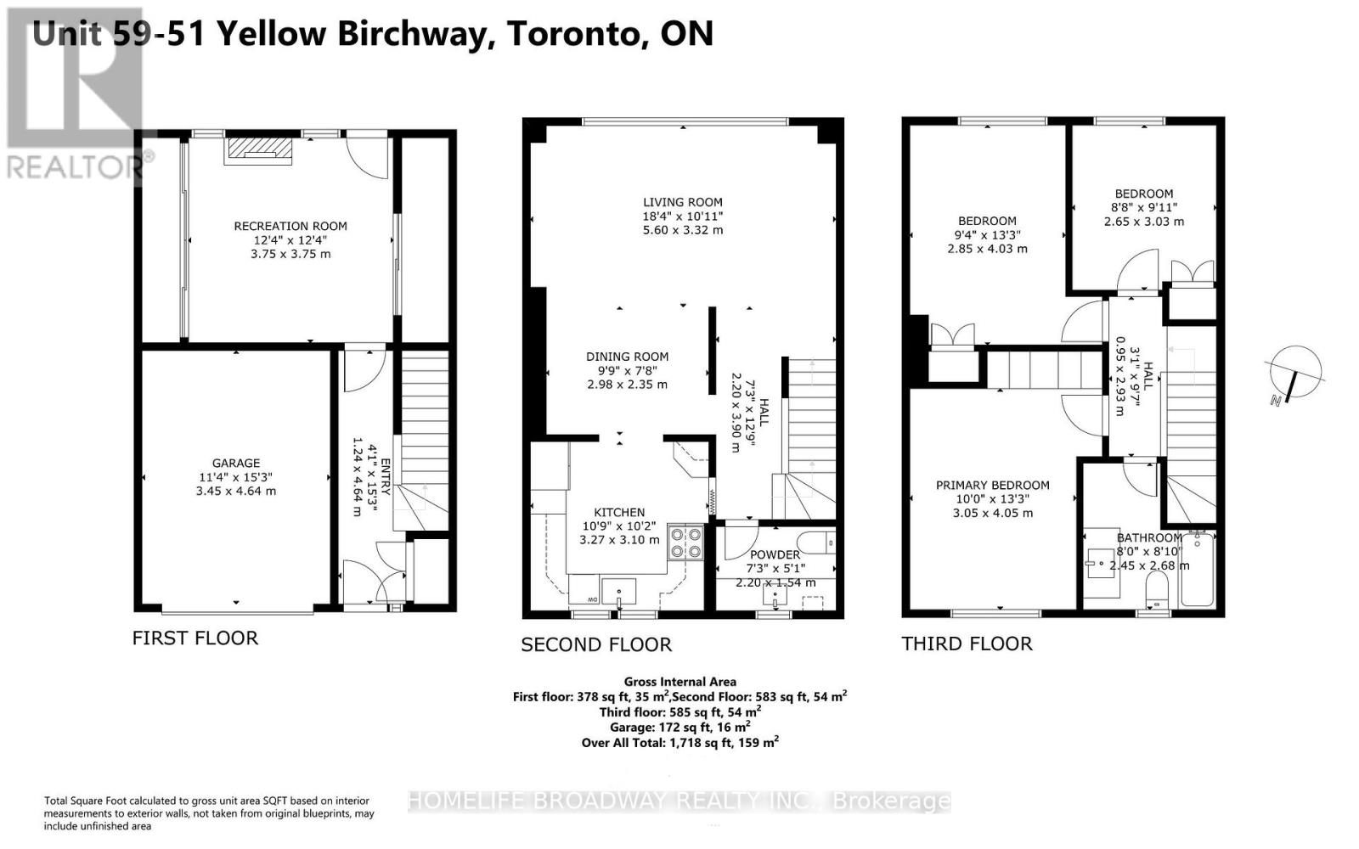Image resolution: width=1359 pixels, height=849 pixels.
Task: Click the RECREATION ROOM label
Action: (290, 226)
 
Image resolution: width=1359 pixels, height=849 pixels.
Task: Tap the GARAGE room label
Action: (236, 464)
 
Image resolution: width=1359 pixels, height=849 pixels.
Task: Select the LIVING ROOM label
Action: (683, 203)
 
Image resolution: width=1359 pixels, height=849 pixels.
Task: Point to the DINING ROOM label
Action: (628, 357)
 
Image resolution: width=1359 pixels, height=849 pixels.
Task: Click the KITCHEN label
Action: (619, 513)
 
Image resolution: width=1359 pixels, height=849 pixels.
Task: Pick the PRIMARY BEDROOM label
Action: (993, 485)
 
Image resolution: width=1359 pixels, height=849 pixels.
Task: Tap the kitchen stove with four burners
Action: (686, 542)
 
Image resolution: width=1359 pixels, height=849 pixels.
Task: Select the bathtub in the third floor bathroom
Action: (1197, 569)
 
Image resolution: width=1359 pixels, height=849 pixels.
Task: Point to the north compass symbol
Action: (1295, 374)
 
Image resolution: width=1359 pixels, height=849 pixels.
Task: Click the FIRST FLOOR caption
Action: (195, 638)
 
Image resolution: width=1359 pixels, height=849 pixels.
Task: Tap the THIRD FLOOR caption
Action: (967, 644)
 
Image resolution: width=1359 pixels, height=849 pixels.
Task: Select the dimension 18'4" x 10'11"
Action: (683, 216)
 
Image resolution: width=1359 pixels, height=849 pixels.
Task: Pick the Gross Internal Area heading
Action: (680, 682)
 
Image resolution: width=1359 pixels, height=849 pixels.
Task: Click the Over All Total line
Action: (680, 742)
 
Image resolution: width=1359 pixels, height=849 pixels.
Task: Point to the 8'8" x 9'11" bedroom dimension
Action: (1144, 207)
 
